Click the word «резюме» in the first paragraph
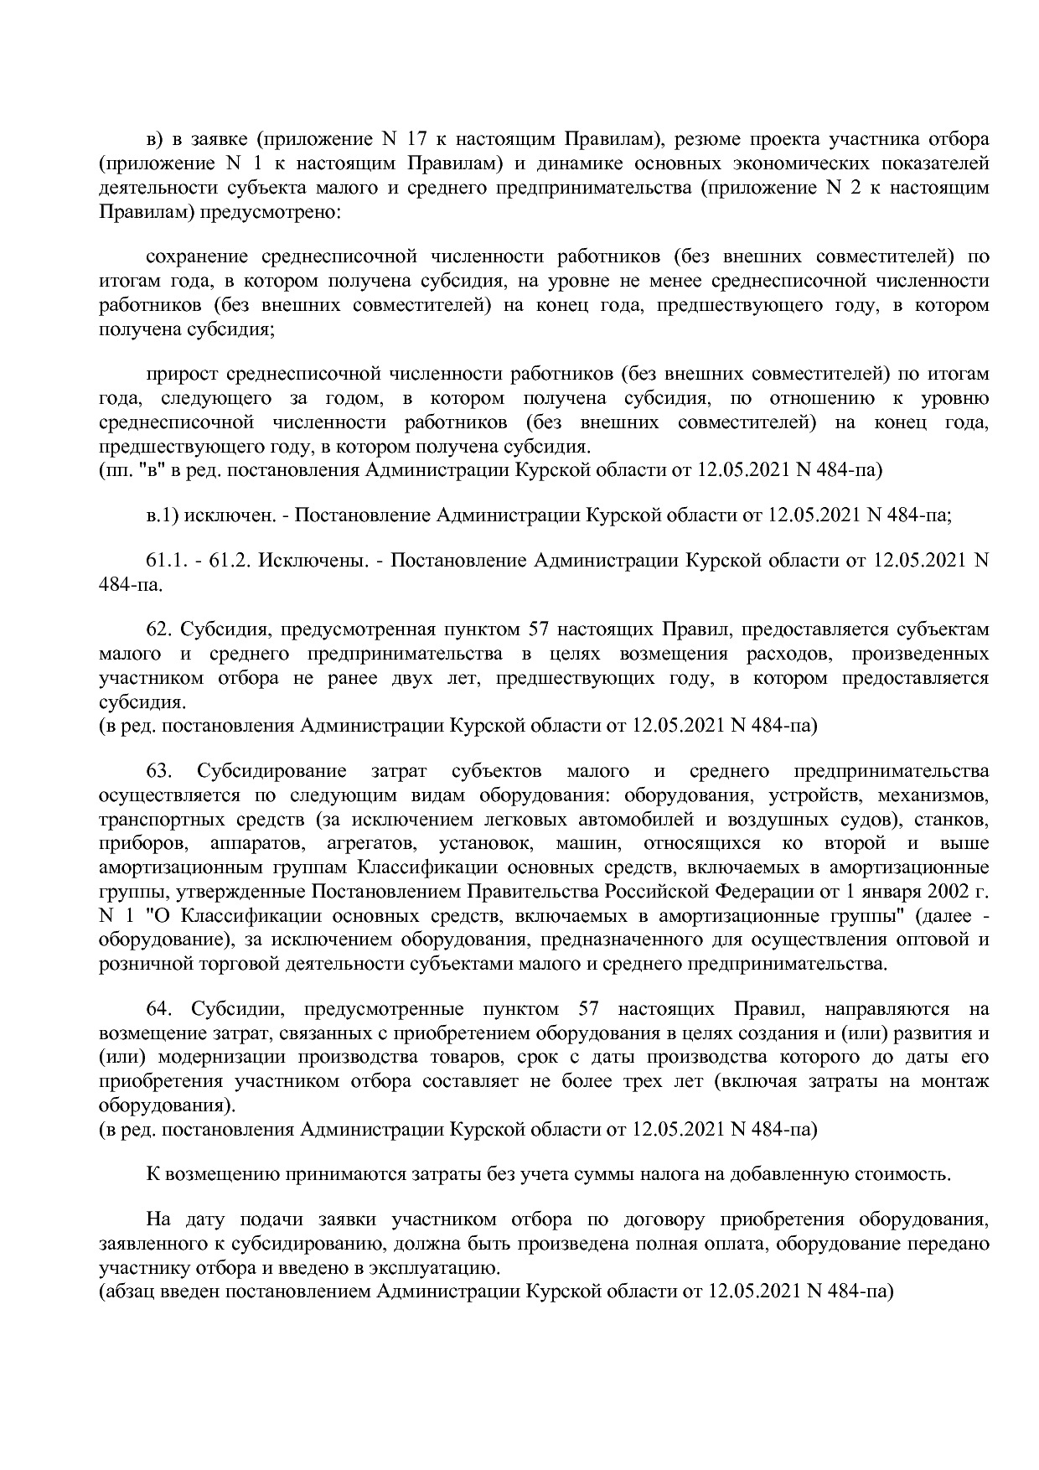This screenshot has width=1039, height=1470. [707, 138]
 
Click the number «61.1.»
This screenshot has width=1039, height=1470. [166, 560]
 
